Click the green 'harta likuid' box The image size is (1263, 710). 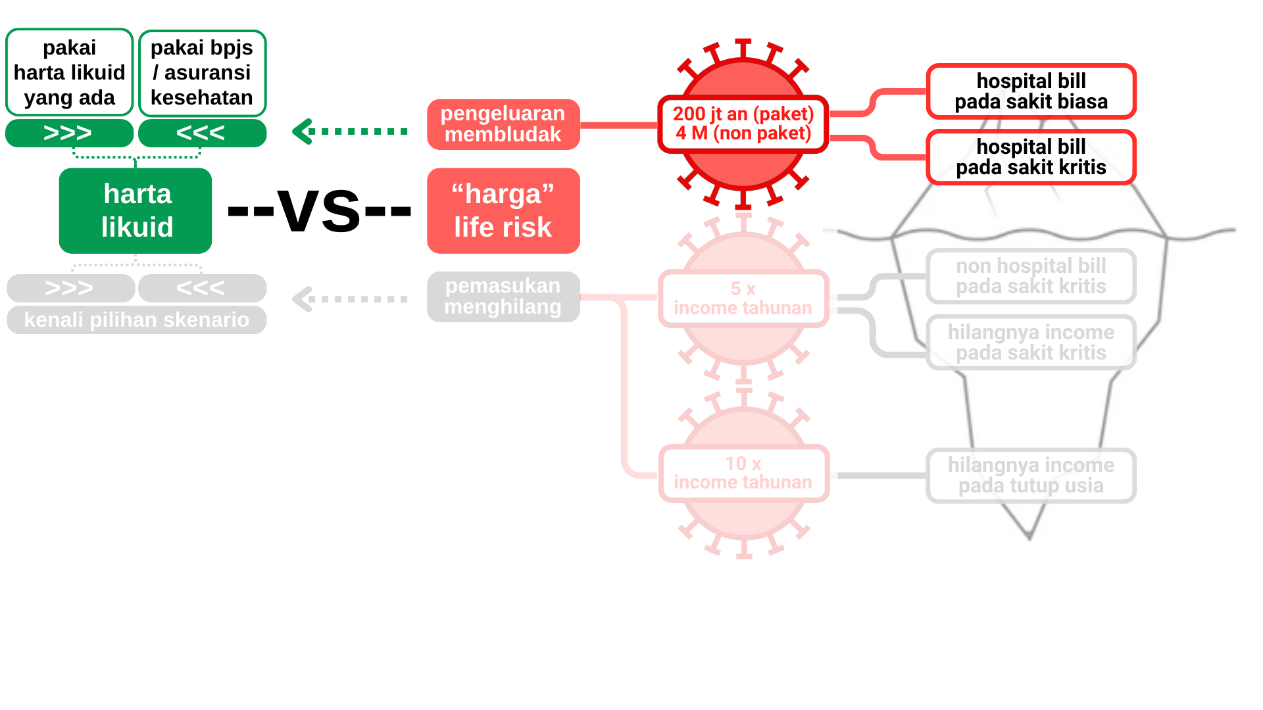(x=136, y=210)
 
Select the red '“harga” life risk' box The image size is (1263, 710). (x=503, y=210)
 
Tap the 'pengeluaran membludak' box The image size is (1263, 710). (x=503, y=124)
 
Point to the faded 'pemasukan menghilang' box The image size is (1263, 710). (x=503, y=296)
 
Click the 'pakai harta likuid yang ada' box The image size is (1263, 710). (x=70, y=72)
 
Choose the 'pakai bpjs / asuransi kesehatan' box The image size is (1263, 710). (x=202, y=72)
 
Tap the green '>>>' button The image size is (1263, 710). (x=69, y=133)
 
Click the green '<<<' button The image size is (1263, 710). (x=202, y=133)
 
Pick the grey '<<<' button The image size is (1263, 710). (x=202, y=288)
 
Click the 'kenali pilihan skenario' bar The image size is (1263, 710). (x=136, y=320)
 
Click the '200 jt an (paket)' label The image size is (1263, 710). (x=743, y=114)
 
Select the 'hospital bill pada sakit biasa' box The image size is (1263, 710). (x=1031, y=91)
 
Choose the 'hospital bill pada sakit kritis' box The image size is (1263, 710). (x=1031, y=157)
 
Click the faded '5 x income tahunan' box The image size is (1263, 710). (x=743, y=298)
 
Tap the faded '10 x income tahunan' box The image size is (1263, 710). (x=743, y=473)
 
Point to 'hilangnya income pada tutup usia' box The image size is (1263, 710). (x=1031, y=475)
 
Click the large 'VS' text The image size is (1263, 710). (x=319, y=210)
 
